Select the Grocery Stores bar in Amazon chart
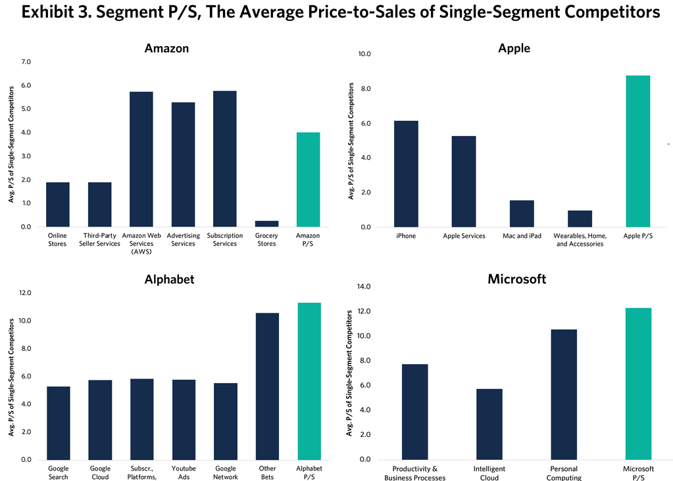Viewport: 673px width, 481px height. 266,223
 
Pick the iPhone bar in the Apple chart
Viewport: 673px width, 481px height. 406,174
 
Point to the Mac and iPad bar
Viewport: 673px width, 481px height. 522,214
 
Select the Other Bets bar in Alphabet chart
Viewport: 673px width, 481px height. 267,386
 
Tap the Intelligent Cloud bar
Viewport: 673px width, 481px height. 489,424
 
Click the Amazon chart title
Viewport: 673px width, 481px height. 166,48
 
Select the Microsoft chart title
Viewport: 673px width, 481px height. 516,279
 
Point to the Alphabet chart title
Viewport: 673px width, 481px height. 169,279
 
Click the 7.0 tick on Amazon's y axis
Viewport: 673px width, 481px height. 26,62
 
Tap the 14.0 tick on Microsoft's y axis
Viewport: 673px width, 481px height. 363,286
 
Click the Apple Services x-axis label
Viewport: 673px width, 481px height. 464,236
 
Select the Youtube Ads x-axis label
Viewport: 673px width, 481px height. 184,473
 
